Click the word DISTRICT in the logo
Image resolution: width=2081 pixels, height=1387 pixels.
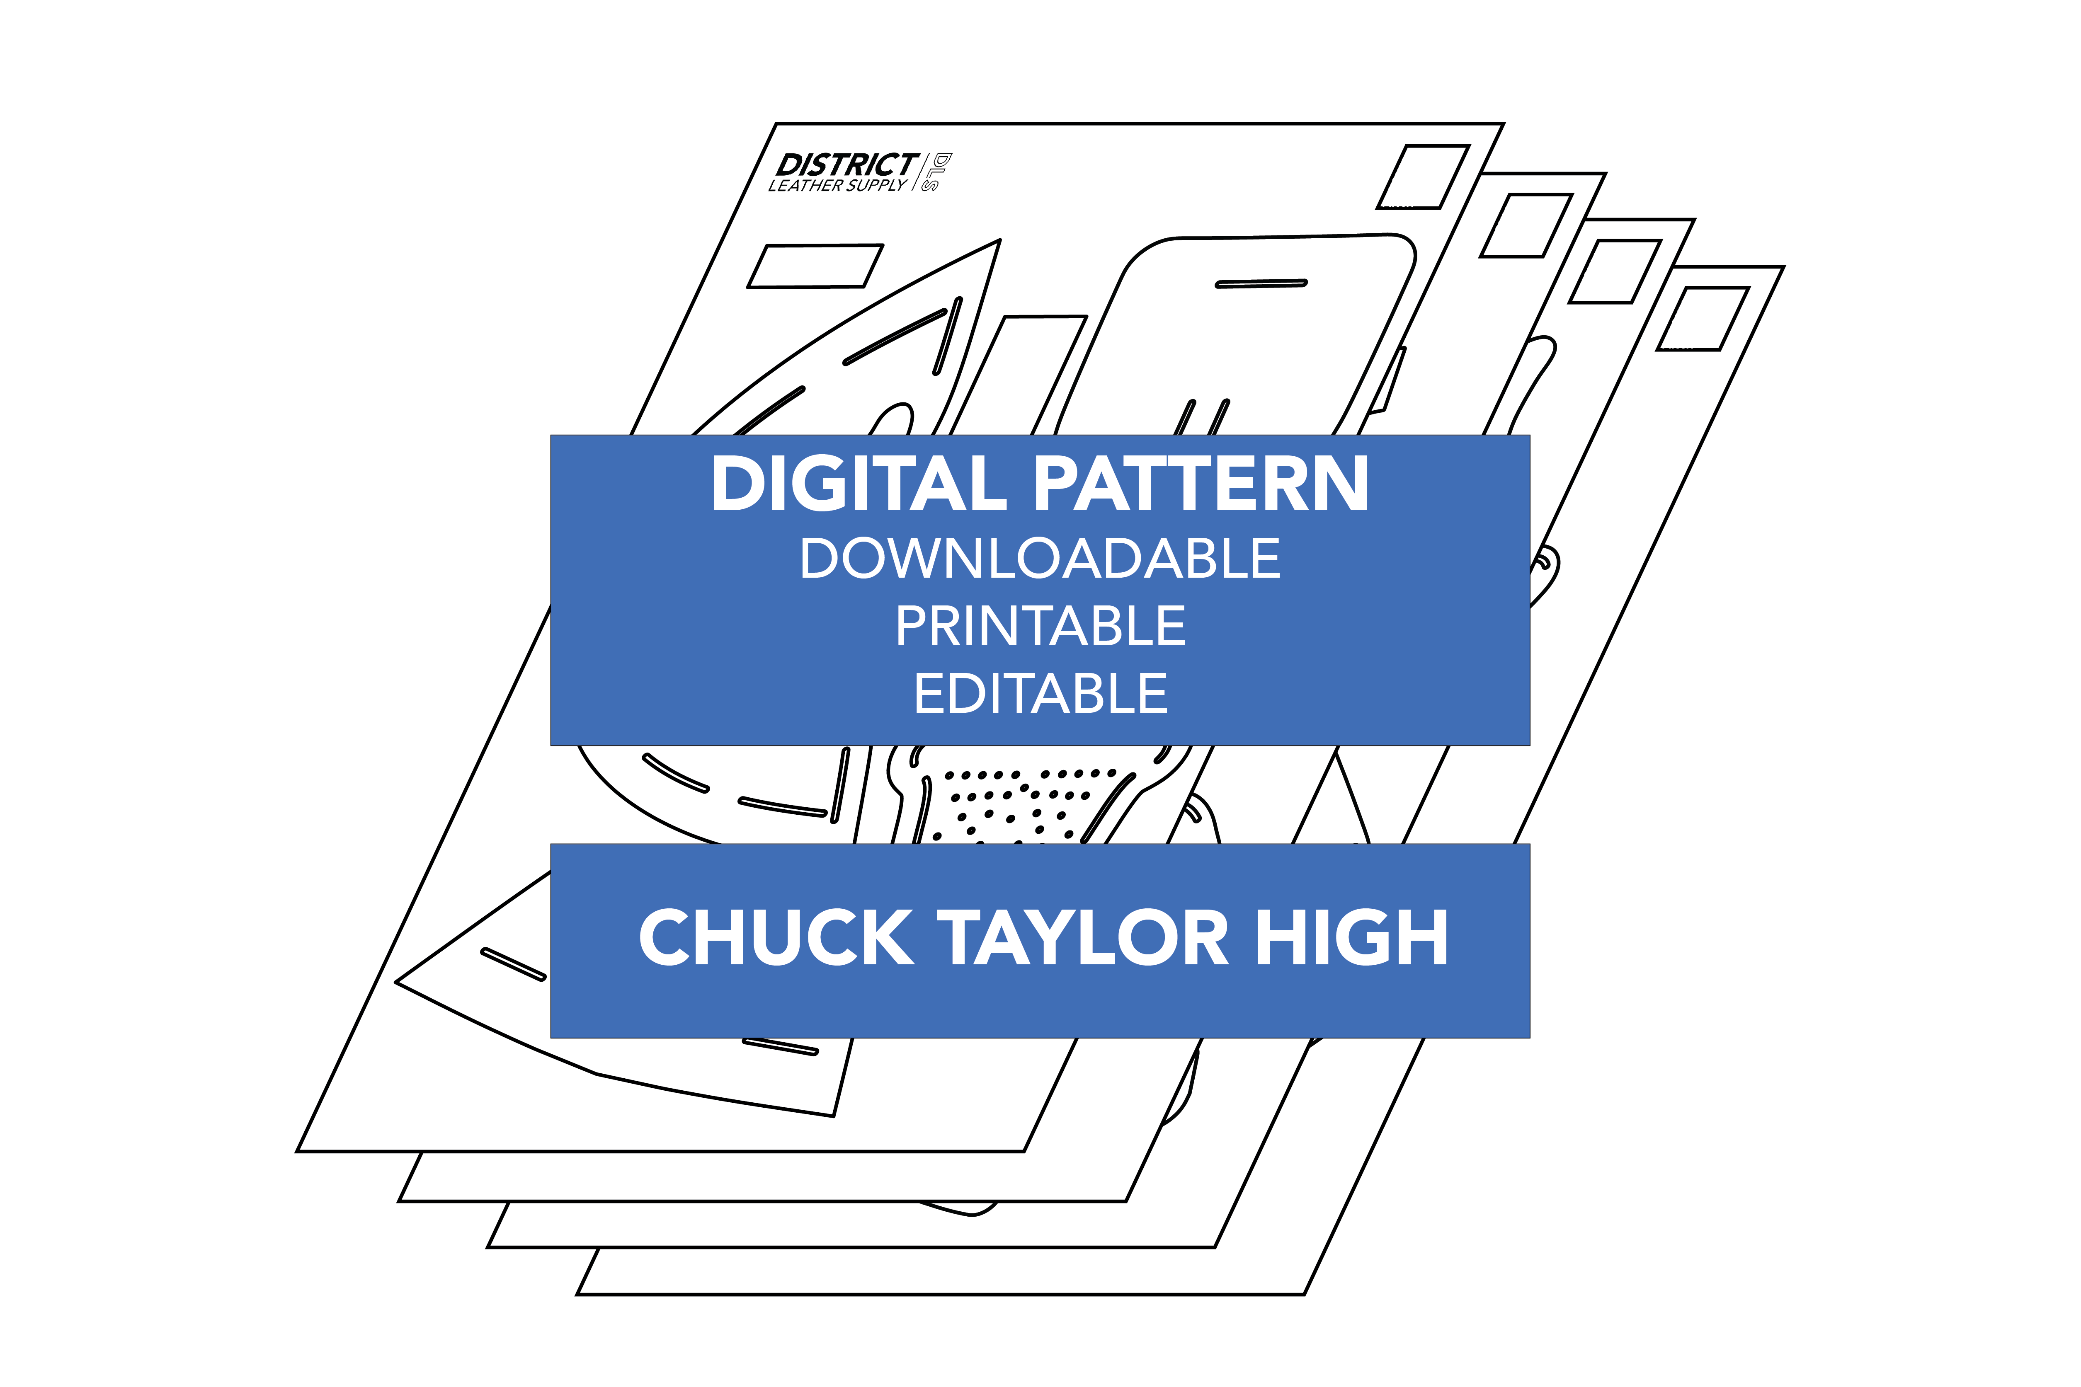tap(847, 165)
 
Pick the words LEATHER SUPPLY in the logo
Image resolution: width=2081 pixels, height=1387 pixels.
tap(837, 186)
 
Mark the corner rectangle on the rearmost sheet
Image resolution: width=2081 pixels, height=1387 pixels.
tap(1703, 318)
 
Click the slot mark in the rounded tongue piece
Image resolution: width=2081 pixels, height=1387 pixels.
tap(1261, 284)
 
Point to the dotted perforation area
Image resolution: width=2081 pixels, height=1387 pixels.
tap(1018, 801)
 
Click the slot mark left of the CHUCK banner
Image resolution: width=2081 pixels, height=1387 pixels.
tap(513, 964)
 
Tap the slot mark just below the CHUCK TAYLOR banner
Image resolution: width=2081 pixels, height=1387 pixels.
tap(780, 1047)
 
